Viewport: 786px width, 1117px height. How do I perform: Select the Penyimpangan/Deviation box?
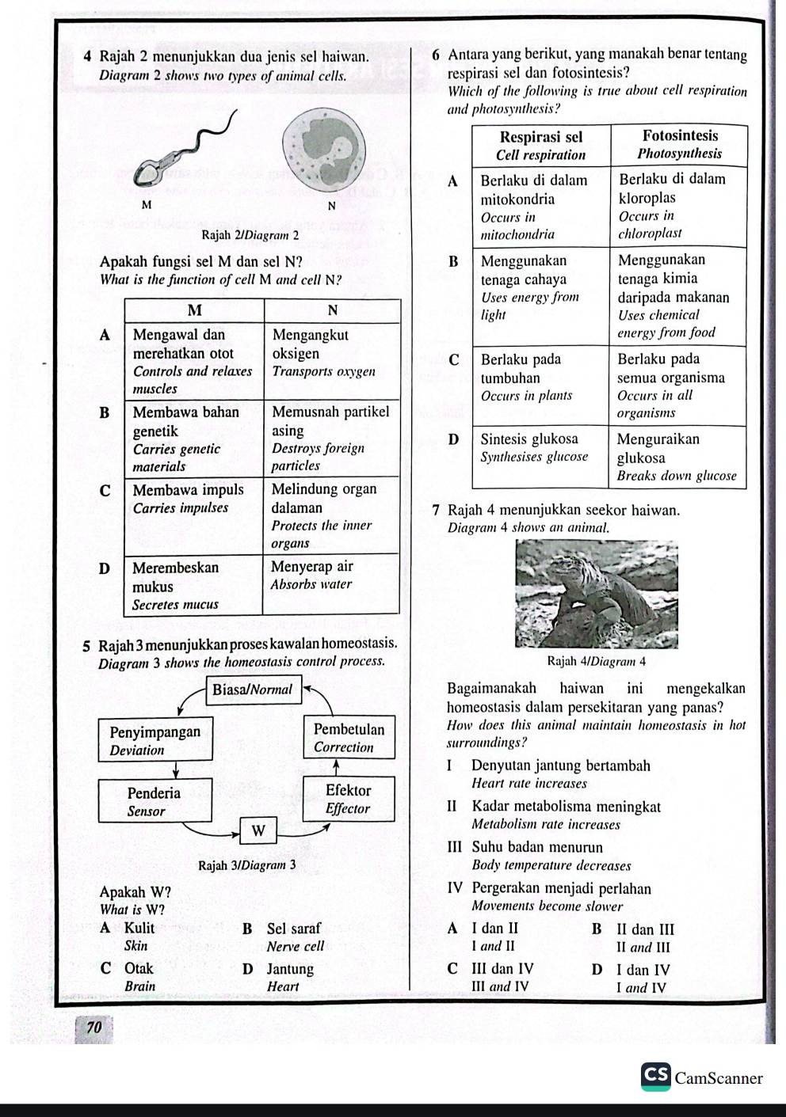(155, 740)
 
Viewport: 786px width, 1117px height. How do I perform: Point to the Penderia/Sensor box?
(155, 801)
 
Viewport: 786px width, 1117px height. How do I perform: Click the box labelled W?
(258, 830)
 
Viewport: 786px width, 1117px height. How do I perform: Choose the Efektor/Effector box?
(348, 799)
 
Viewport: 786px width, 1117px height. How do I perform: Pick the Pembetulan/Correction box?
(349, 738)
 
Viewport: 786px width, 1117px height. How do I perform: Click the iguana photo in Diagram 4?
(596, 595)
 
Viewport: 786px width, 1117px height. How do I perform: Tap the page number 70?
(94, 1028)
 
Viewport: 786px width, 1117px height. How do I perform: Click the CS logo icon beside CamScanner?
(656, 1077)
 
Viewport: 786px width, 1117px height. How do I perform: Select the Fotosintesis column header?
(680, 144)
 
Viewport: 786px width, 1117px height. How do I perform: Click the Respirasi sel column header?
(540, 146)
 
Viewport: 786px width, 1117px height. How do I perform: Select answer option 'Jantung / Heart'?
(290, 977)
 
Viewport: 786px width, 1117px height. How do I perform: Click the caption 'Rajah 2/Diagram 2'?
(250, 235)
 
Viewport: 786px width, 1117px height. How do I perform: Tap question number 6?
(437, 55)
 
